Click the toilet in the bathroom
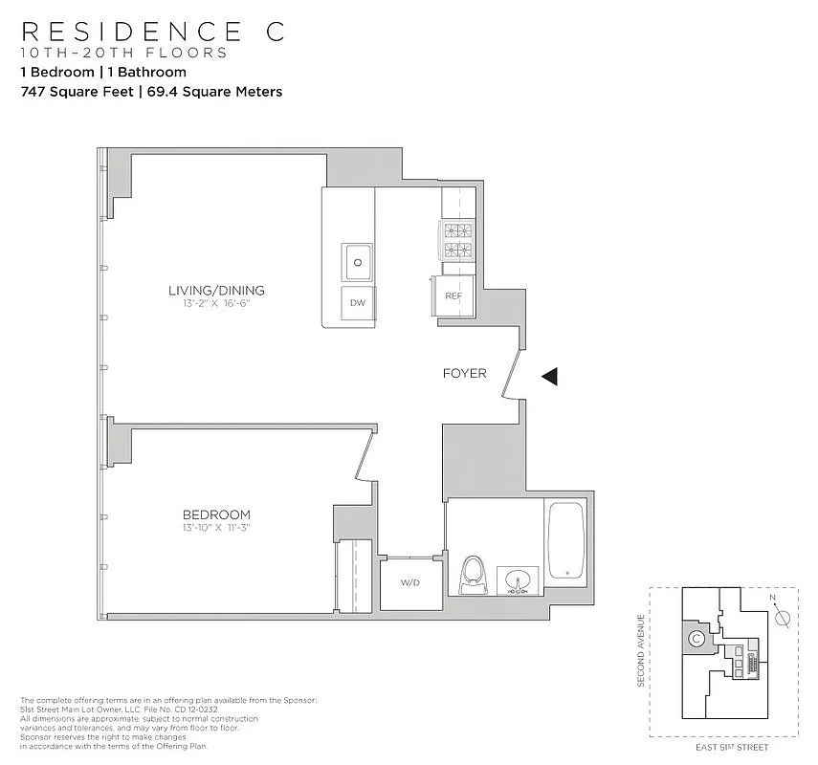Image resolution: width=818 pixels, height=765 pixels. (474, 577)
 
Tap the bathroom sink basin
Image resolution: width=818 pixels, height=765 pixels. (518, 579)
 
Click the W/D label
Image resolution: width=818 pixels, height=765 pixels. (410, 583)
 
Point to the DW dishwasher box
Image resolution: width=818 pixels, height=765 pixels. (358, 303)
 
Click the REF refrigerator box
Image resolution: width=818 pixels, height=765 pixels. (453, 295)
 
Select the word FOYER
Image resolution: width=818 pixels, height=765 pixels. (464, 373)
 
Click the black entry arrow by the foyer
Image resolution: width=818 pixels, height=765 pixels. (549, 377)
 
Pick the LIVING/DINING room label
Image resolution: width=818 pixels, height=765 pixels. (216, 291)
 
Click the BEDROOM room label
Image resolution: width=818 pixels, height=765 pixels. (216, 514)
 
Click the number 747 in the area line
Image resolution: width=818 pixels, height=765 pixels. (33, 92)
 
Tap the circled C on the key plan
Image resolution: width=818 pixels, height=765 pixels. (696, 638)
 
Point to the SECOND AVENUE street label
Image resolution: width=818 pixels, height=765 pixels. (640, 650)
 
